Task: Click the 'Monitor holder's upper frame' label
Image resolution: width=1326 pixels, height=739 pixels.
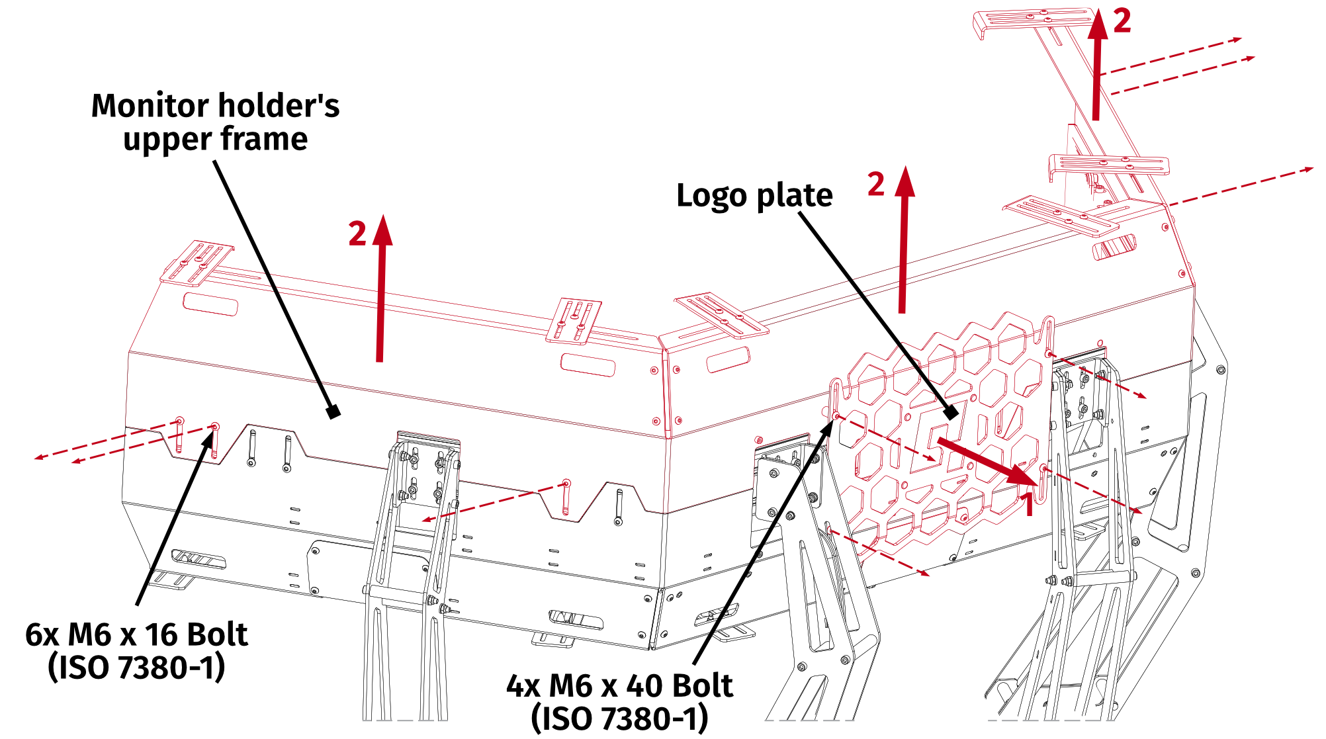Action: click(215, 122)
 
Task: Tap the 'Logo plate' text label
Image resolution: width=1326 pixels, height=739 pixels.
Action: click(754, 196)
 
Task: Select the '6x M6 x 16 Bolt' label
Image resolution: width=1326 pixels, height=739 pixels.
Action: click(136, 634)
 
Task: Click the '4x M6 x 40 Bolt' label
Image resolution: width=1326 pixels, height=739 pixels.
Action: click(619, 686)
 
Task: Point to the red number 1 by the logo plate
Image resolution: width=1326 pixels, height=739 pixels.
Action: click(1028, 504)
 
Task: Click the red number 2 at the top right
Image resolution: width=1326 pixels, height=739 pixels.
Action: click(1122, 22)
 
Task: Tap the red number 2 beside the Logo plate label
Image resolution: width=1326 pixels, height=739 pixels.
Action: click(876, 184)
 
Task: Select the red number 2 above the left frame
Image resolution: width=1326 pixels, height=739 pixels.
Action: click(357, 234)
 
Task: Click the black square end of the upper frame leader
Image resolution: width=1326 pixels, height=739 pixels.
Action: click(334, 412)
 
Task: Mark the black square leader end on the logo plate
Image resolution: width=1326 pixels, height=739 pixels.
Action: click(951, 413)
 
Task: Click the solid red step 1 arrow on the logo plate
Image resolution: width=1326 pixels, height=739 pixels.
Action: click(986, 460)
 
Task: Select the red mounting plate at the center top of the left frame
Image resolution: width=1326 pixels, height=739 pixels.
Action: click(574, 321)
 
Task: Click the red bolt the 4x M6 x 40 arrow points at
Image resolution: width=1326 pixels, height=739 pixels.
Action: click(836, 416)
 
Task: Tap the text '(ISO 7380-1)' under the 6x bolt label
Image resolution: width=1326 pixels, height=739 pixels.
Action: click(136, 668)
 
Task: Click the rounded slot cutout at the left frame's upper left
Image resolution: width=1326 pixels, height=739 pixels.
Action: click(210, 304)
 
